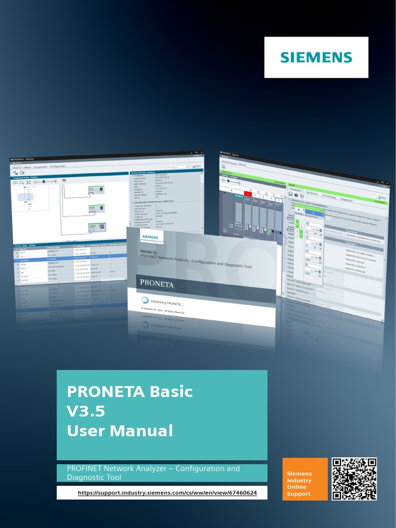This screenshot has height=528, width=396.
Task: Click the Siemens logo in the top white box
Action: coord(316,57)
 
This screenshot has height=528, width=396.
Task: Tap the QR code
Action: coord(354,479)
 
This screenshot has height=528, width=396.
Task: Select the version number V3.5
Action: coord(86,411)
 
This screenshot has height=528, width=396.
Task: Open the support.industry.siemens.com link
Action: coord(167,493)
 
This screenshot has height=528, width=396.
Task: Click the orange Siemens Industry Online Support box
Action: coord(305,479)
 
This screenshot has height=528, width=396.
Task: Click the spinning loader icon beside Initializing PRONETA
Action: coord(144,300)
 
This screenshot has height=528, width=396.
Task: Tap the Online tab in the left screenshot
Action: coord(16,167)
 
